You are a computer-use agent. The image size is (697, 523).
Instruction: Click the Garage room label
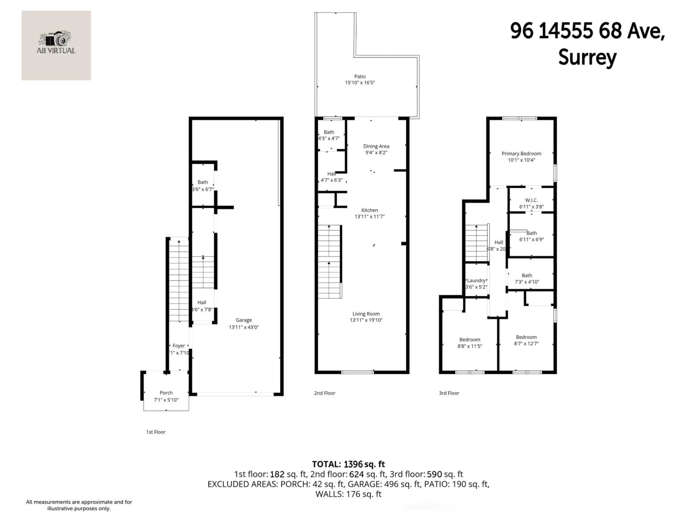[x=244, y=320]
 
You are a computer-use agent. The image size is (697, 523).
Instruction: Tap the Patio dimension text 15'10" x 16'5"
[x=360, y=83]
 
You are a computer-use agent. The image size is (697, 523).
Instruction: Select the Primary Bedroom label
[x=521, y=153]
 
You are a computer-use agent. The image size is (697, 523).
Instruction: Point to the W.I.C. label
[x=531, y=200]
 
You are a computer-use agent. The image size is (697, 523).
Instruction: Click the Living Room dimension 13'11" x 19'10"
[x=366, y=320]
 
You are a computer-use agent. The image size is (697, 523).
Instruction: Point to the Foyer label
[x=179, y=346]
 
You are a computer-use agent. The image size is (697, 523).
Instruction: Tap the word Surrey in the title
[x=587, y=58]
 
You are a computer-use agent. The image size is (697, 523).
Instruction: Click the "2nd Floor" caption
[x=325, y=393]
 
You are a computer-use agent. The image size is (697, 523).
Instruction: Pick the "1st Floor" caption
[x=156, y=432]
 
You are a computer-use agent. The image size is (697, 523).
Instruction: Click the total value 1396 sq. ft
[x=364, y=464]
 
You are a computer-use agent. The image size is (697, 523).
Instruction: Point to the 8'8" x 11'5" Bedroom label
[x=470, y=340]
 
